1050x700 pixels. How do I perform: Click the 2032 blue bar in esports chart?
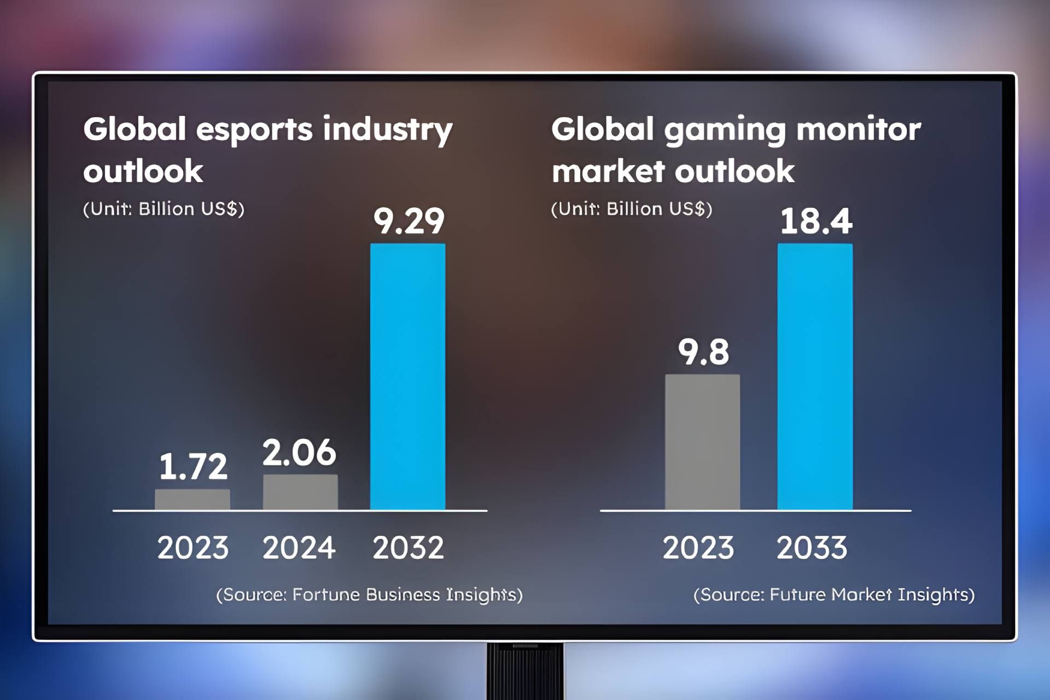(x=407, y=377)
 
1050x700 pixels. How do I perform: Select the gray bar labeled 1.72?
(x=192, y=499)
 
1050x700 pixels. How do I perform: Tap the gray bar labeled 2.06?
(x=300, y=492)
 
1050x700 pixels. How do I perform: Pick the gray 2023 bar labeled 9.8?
(x=702, y=442)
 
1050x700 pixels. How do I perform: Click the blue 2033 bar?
(x=815, y=377)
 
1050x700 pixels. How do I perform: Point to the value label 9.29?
(x=409, y=221)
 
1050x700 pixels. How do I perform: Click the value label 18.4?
(x=815, y=221)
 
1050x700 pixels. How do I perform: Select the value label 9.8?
(x=703, y=352)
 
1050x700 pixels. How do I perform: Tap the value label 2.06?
(x=299, y=453)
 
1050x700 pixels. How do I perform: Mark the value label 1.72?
(x=193, y=466)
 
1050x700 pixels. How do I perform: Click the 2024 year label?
(x=299, y=547)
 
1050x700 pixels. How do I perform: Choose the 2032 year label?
(x=408, y=547)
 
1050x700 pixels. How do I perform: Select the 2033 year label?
(x=812, y=547)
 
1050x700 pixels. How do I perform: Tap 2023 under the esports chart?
(x=192, y=547)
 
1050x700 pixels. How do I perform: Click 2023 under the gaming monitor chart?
(x=698, y=547)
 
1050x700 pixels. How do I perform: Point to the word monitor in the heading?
(x=859, y=130)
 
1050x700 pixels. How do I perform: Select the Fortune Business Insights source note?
(x=369, y=594)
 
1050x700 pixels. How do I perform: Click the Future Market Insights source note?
(x=834, y=594)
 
